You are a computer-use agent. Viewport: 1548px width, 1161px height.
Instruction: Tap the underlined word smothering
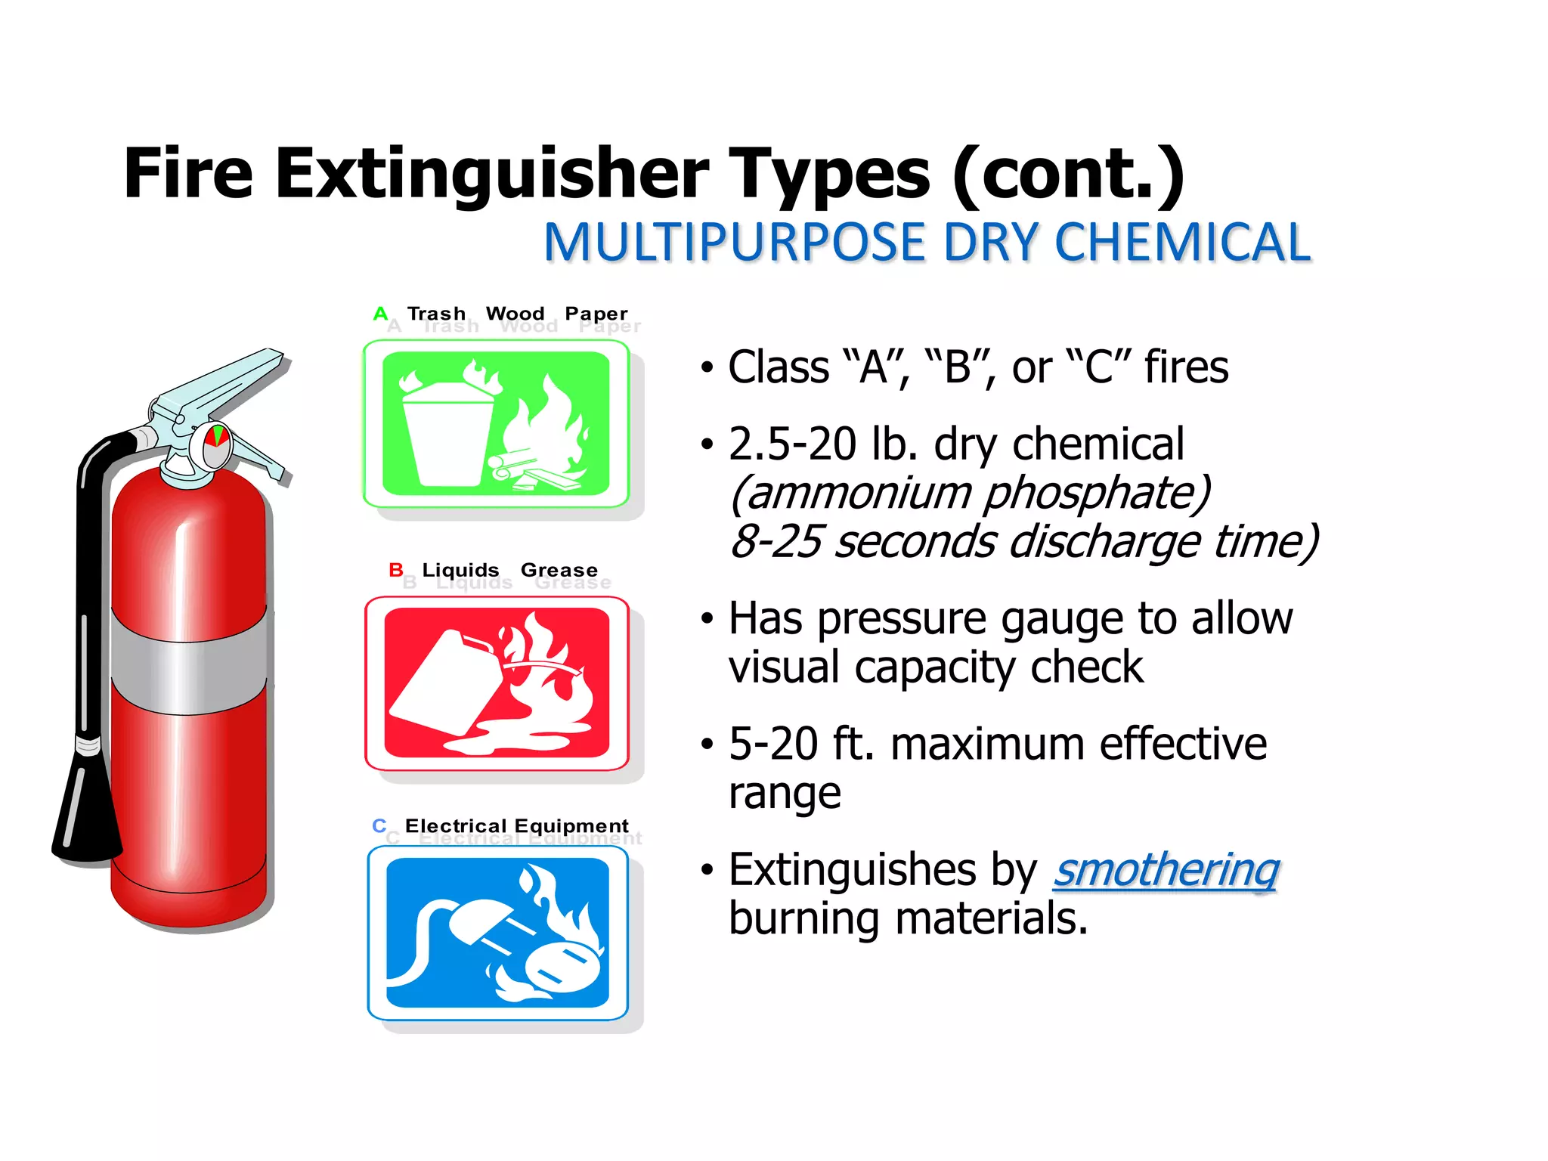(x=1166, y=870)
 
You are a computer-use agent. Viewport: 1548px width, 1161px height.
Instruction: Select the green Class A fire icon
(x=496, y=424)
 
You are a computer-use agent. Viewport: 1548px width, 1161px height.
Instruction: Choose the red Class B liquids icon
(x=497, y=683)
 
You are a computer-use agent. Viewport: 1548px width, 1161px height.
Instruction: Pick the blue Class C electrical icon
(x=497, y=933)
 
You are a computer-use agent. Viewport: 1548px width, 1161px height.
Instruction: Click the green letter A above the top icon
(x=380, y=313)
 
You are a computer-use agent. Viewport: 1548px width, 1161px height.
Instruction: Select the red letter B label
(x=395, y=569)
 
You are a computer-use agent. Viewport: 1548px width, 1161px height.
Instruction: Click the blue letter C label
(x=379, y=825)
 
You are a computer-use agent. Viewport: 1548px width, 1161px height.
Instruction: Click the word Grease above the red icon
(x=559, y=570)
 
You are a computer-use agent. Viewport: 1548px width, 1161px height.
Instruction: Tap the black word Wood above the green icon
(x=515, y=313)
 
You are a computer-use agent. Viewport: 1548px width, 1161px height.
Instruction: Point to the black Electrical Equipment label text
(x=516, y=825)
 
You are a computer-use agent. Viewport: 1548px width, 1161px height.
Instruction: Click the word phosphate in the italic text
(x=1097, y=493)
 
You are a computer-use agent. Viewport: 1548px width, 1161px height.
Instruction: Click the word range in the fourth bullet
(x=785, y=794)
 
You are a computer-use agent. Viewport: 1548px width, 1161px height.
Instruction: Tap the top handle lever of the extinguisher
(x=227, y=378)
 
